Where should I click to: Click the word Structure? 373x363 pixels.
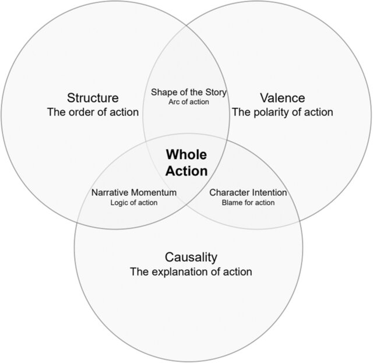pyautogui.click(x=93, y=97)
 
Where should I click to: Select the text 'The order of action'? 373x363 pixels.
pyautogui.click(x=93, y=112)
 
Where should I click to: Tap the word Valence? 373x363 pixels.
pyautogui.click(x=283, y=97)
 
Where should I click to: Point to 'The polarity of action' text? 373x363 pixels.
pyautogui.click(x=283, y=112)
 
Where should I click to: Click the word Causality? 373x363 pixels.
pyautogui.click(x=191, y=257)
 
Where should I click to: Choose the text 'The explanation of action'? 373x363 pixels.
pyautogui.click(x=191, y=272)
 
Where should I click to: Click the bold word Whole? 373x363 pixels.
pyautogui.click(x=186, y=156)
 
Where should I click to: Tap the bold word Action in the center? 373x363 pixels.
pyautogui.click(x=186, y=171)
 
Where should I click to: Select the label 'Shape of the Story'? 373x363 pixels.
pyautogui.click(x=189, y=92)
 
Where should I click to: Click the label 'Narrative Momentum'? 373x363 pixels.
pyautogui.click(x=134, y=192)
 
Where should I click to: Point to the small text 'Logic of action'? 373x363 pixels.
pyautogui.click(x=134, y=203)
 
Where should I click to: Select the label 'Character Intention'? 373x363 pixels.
pyautogui.click(x=248, y=192)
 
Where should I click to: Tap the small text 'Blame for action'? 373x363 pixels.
pyautogui.click(x=248, y=203)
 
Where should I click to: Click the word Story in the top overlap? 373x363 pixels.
pyautogui.click(x=216, y=92)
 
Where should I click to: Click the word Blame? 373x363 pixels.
pyautogui.click(x=231, y=203)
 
